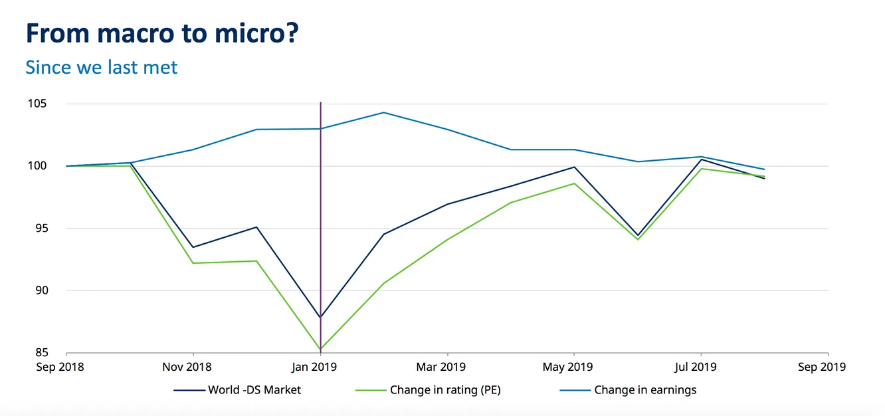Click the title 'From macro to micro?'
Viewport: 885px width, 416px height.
pyautogui.click(x=161, y=33)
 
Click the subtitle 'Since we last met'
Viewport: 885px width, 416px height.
pyautogui.click(x=102, y=67)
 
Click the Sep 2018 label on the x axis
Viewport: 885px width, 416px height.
pyautogui.click(x=60, y=367)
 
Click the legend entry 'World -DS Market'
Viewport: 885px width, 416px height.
pyautogui.click(x=254, y=390)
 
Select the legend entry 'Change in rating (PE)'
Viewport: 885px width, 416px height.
pyautogui.click(x=445, y=390)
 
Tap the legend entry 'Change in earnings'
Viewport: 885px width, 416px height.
pyautogui.click(x=645, y=390)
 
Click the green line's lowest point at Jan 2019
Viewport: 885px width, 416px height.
pyautogui.click(x=321, y=349)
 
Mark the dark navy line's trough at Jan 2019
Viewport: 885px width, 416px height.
pyautogui.click(x=321, y=318)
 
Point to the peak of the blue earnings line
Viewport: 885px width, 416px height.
pyautogui.click(x=383, y=112)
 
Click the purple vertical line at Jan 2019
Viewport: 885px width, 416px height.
pyautogui.click(x=321, y=199)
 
